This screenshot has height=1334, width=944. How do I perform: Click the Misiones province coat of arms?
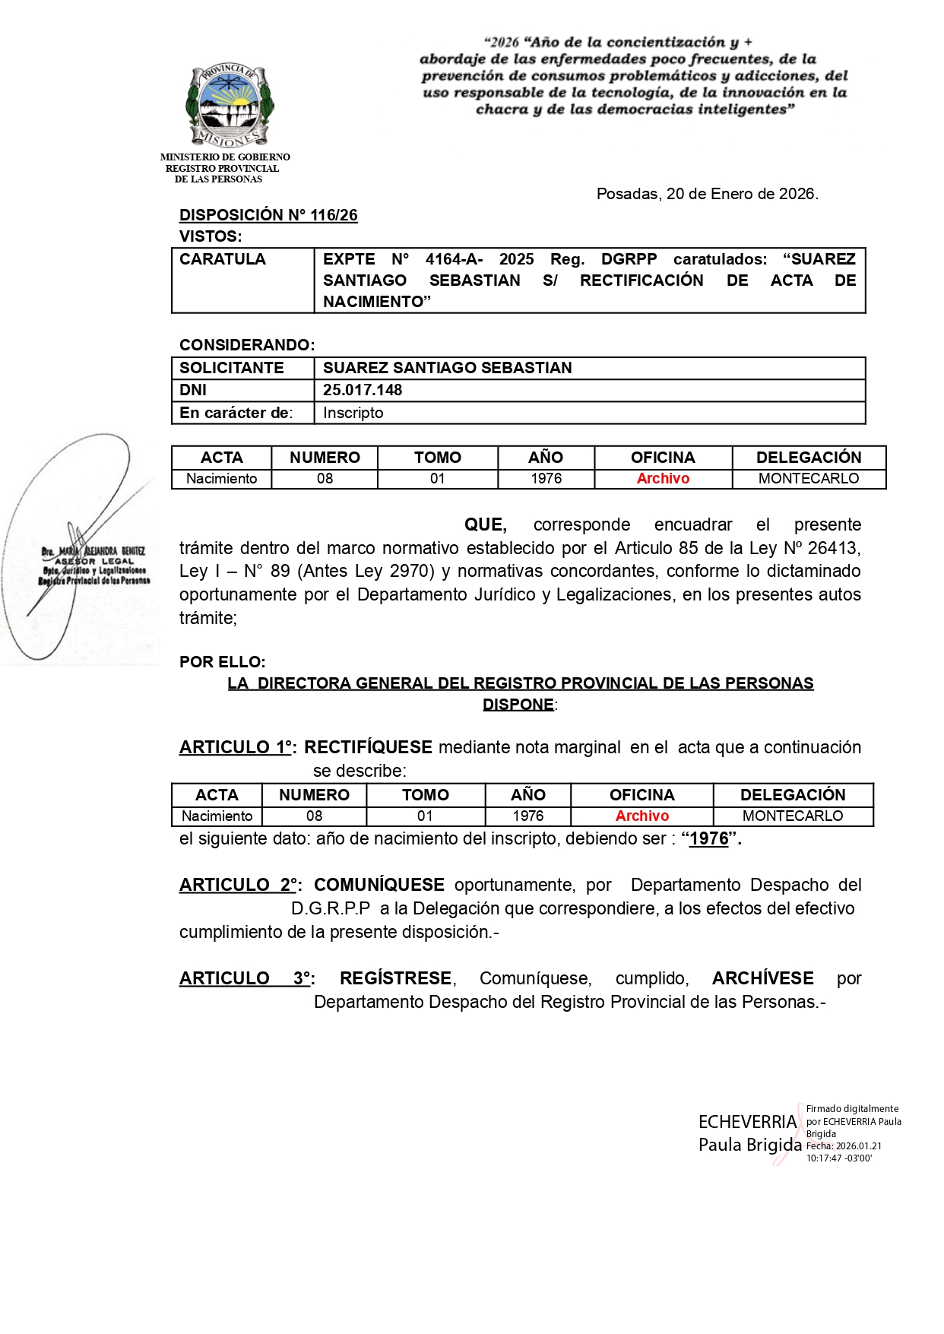(x=230, y=106)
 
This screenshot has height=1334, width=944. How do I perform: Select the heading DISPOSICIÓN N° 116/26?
(x=268, y=215)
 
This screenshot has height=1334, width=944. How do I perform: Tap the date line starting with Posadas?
(x=707, y=194)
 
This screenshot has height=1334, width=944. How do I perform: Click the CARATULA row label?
(x=223, y=259)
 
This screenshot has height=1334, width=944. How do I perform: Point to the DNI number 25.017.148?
(x=363, y=390)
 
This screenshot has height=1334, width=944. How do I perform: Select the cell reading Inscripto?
(x=353, y=413)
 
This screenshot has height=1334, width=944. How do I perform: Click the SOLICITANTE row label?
(x=231, y=368)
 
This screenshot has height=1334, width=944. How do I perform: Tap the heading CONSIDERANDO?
(x=247, y=345)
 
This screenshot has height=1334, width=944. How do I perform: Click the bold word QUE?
(x=485, y=524)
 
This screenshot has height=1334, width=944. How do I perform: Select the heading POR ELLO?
(x=223, y=662)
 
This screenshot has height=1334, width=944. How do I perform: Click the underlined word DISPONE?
(x=518, y=705)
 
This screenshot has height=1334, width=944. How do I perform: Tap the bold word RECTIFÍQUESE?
(x=368, y=747)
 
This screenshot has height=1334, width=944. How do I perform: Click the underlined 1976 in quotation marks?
(x=709, y=839)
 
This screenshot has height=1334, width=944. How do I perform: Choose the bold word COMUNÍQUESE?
(x=379, y=885)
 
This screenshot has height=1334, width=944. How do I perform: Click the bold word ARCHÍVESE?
(x=762, y=978)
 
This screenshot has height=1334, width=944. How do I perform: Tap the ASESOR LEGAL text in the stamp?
(x=94, y=561)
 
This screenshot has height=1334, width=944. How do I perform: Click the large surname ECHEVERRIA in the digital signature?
(x=748, y=1122)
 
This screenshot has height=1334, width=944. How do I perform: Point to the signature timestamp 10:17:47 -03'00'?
(x=839, y=1158)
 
